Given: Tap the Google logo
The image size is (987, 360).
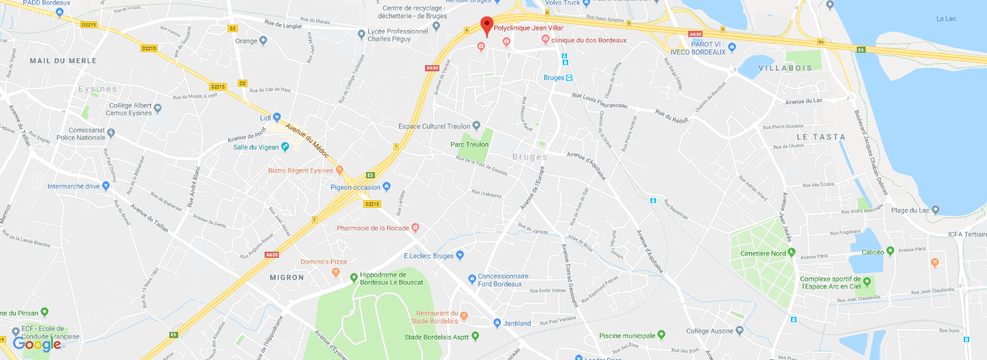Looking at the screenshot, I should pos(37,344).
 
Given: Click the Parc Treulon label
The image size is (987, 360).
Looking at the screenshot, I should pos(470,145).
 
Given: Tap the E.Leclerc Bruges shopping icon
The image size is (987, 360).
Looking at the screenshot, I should pos(460,256).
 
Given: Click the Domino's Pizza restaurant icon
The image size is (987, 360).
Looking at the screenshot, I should pos(336,272).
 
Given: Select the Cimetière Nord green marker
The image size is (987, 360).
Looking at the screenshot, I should pos(792,252).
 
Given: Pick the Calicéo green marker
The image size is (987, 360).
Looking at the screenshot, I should pos(890,251).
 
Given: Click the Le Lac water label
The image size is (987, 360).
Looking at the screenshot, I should pos(946,19).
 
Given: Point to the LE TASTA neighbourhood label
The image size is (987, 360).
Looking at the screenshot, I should pos(820,137).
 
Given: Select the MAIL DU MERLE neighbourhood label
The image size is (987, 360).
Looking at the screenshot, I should pos(53,61).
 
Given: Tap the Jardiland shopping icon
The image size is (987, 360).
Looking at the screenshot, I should pos(498,323).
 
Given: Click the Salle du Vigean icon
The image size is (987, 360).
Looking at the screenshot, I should pos(285,147).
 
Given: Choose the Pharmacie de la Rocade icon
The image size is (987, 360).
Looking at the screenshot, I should pos(415,228).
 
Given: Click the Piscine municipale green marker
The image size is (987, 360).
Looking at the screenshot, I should pos(661,335).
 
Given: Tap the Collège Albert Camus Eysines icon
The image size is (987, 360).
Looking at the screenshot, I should pos(158,108).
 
